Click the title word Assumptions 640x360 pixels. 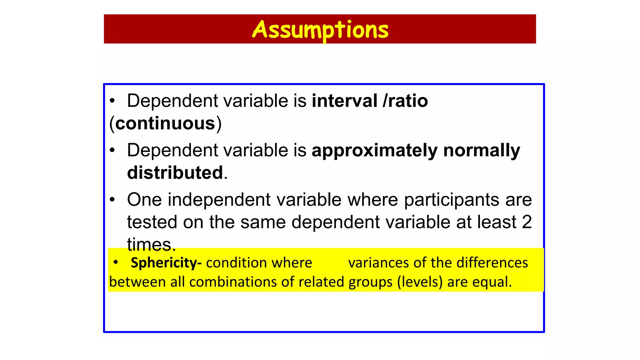320,30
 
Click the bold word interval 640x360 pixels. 344,101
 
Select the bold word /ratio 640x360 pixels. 405,101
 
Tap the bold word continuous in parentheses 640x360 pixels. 165,123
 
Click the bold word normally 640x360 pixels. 482,151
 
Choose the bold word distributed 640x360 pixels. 175,173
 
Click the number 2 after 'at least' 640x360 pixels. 527,222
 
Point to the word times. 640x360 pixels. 151,244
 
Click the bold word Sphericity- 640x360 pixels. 166,263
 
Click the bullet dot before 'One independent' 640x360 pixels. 112,200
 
